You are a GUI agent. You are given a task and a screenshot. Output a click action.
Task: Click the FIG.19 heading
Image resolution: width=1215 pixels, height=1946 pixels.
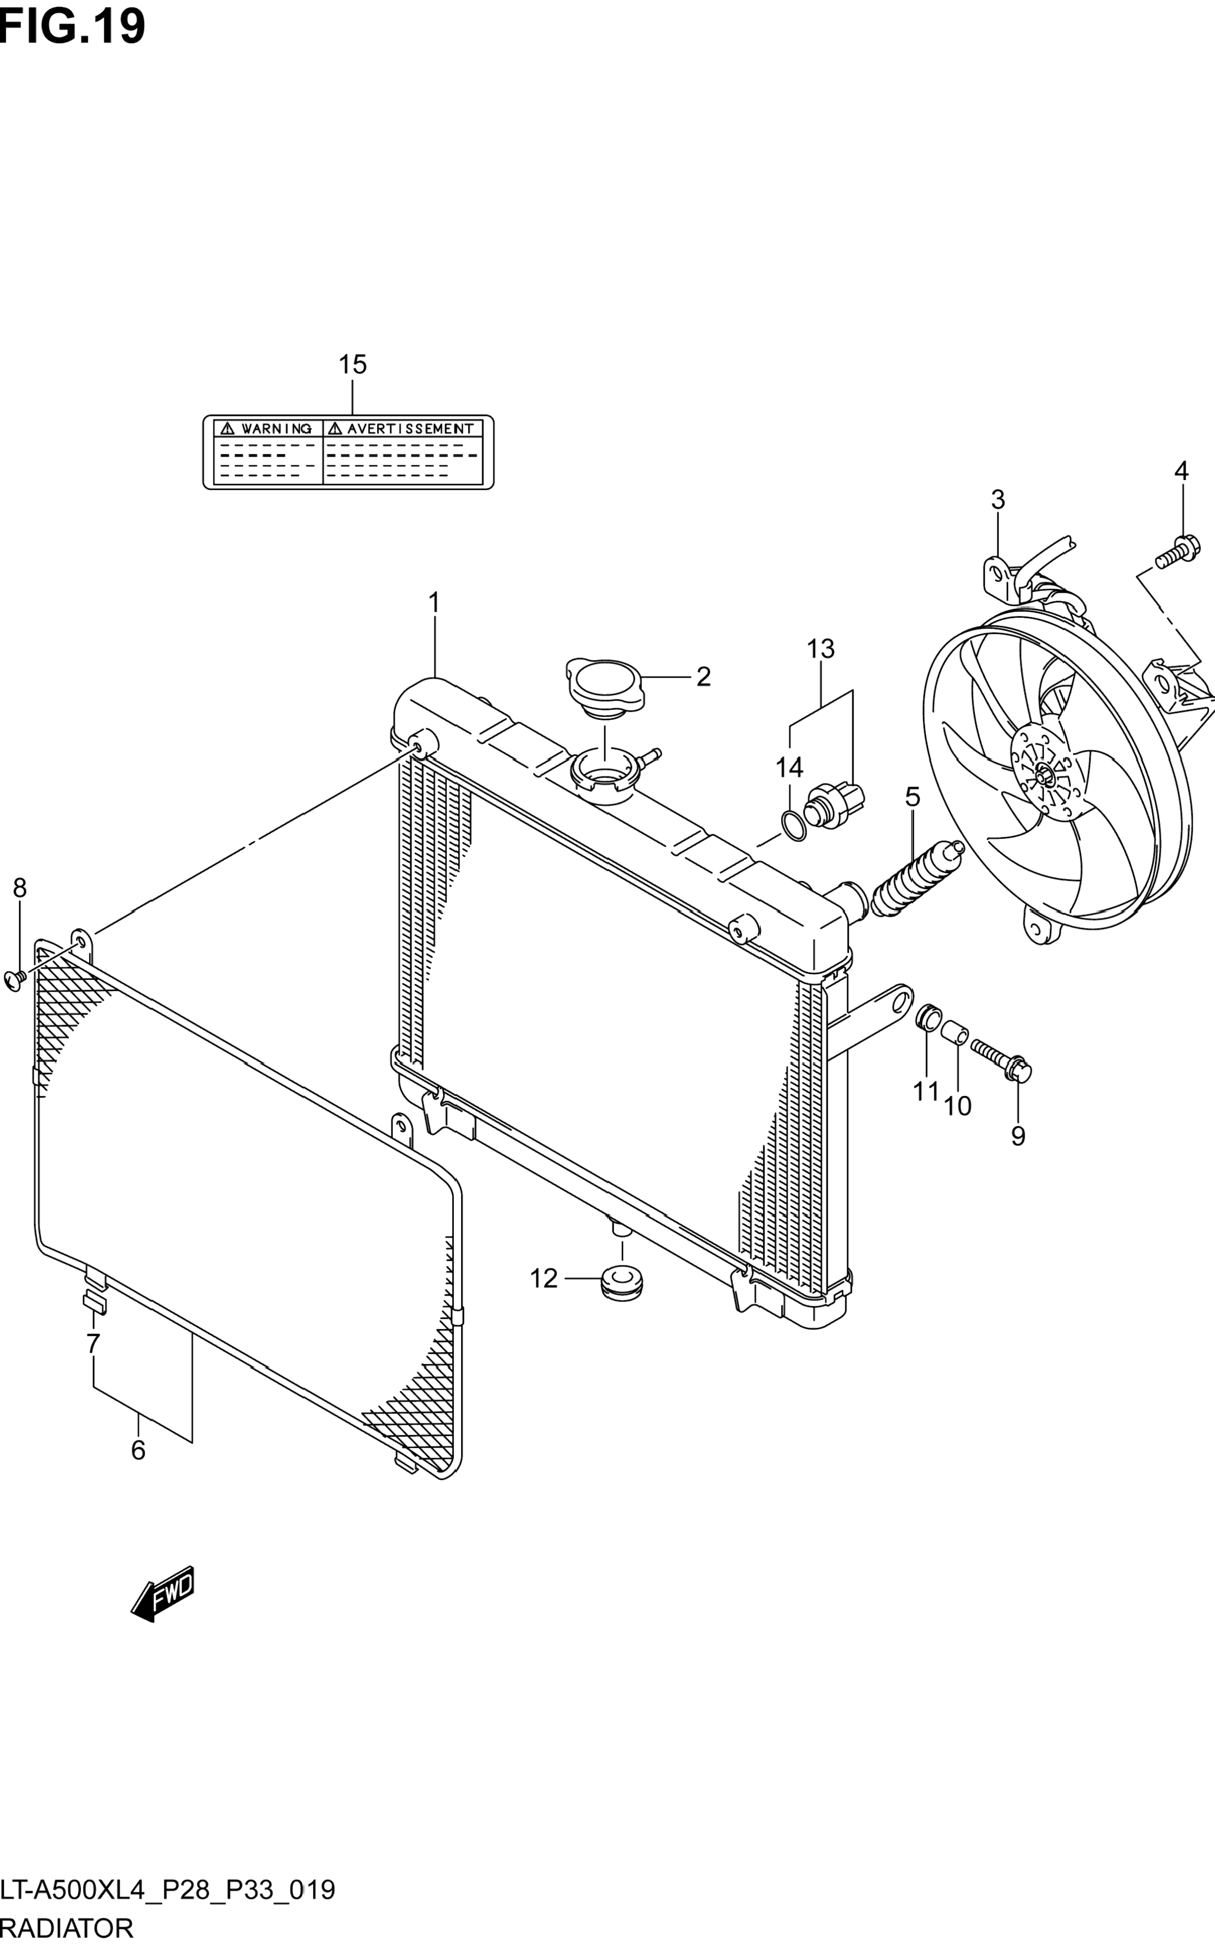73,26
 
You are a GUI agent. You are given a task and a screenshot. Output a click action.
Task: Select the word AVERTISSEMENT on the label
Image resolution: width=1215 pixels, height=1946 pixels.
410,429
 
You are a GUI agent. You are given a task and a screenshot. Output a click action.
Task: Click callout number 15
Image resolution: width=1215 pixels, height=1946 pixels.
352,365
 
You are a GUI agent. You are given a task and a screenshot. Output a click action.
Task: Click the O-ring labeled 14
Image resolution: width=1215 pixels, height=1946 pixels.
794,825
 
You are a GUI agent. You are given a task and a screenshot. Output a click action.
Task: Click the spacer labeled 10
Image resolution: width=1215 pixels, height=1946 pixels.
954,1031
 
